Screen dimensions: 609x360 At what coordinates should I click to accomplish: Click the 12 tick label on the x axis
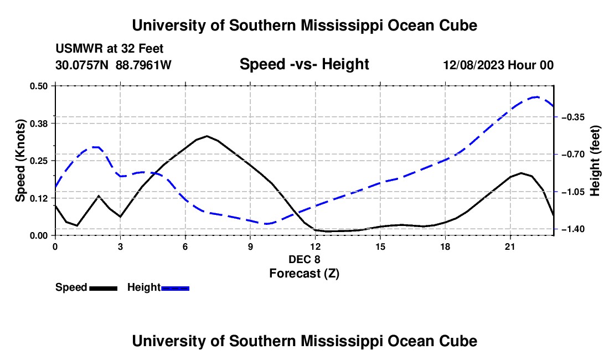point(316,246)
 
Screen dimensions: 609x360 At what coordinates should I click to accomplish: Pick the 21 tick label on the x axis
point(510,246)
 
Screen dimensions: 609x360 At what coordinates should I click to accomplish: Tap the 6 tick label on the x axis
point(185,246)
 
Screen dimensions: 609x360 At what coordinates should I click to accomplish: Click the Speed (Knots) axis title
point(20,161)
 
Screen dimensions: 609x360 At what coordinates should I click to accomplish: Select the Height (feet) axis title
point(595,161)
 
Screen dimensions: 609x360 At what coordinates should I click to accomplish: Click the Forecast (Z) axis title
point(304,274)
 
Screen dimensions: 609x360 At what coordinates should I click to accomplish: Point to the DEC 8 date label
point(304,259)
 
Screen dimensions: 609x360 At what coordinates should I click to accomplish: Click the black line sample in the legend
point(104,289)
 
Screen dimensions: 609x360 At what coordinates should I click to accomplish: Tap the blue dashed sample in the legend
point(175,289)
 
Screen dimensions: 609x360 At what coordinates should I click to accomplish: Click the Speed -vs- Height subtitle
point(304,64)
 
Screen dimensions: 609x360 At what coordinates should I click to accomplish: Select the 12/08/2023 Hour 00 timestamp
point(498,65)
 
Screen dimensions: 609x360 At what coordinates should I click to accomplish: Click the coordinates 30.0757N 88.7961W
point(113,65)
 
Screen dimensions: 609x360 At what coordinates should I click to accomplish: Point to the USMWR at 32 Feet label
point(110,49)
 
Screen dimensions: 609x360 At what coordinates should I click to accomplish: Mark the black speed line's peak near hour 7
point(207,136)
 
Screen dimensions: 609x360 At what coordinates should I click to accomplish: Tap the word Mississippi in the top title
point(342,25)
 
